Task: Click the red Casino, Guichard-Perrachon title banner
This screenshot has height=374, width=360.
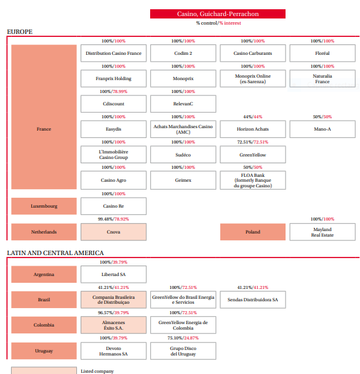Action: click(x=218, y=14)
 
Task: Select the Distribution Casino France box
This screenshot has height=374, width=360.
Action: click(x=113, y=53)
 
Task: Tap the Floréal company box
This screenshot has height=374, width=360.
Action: click(x=322, y=53)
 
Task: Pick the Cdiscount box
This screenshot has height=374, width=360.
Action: click(x=113, y=104)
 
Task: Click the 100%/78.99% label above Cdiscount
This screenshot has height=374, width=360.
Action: click(x=113, y=92)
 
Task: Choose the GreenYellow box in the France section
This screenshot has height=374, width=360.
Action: click(x=253, y=155)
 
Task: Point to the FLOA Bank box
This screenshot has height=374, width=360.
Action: click(x=253, y=181)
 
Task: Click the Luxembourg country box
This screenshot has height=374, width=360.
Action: click(x=44, y=206)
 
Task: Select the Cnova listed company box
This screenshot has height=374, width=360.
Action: click(x=113, y=232)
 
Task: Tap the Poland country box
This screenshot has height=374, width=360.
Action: click(x=253, y=232)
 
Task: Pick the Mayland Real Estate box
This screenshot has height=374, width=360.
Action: click(x=322, y=232)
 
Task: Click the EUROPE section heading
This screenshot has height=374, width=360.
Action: click(x=20, y=31)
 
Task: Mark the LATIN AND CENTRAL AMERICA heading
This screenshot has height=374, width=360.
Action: click(x=55, y=253)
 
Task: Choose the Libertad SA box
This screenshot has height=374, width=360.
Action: click(x=113, y=274)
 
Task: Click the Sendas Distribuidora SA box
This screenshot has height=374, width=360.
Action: click(x=253, y=299)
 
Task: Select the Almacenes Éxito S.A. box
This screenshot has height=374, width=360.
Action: click(x=113, y=325)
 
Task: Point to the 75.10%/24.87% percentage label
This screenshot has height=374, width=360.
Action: click(x=183, y=338)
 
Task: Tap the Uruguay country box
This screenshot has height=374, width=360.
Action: click(x=44, y=351)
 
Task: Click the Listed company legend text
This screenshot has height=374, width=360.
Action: click(x=97, y=371)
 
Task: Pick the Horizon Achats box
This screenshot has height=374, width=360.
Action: click(x=253, y=129)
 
